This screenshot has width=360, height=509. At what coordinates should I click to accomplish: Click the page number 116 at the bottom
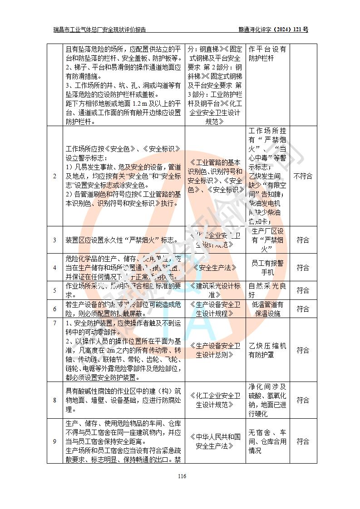pos(182,476)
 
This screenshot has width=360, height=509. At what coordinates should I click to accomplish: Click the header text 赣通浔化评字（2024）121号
pos(273,29)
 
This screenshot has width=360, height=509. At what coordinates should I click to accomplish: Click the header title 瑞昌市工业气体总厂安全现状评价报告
pos(100,29)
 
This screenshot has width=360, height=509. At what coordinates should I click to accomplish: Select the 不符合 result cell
pos(303,176)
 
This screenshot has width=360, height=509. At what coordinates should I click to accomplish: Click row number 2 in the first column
pos(54,176)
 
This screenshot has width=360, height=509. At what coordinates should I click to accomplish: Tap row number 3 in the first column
pos(54,240)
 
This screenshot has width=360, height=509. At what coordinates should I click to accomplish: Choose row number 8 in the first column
pos(54,400)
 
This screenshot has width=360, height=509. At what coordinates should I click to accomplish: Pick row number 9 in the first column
pos(54,441)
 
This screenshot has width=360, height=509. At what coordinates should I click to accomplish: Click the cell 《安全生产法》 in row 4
pos(215,268)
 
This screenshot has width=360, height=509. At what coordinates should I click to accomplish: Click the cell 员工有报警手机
pos(268,268)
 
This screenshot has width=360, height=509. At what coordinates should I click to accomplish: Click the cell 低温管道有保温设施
pos(268,309)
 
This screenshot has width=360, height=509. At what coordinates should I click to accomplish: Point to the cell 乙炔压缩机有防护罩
pos(268,350)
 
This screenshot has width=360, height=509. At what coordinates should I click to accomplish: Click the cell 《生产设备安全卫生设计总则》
pos(215,350)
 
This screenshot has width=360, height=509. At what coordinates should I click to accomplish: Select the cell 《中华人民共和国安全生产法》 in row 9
pos(215,441)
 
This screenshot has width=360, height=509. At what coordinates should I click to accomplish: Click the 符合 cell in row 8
pos(303,400)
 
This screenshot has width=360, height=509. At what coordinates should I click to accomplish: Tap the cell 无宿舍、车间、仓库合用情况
pos(268,441)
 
